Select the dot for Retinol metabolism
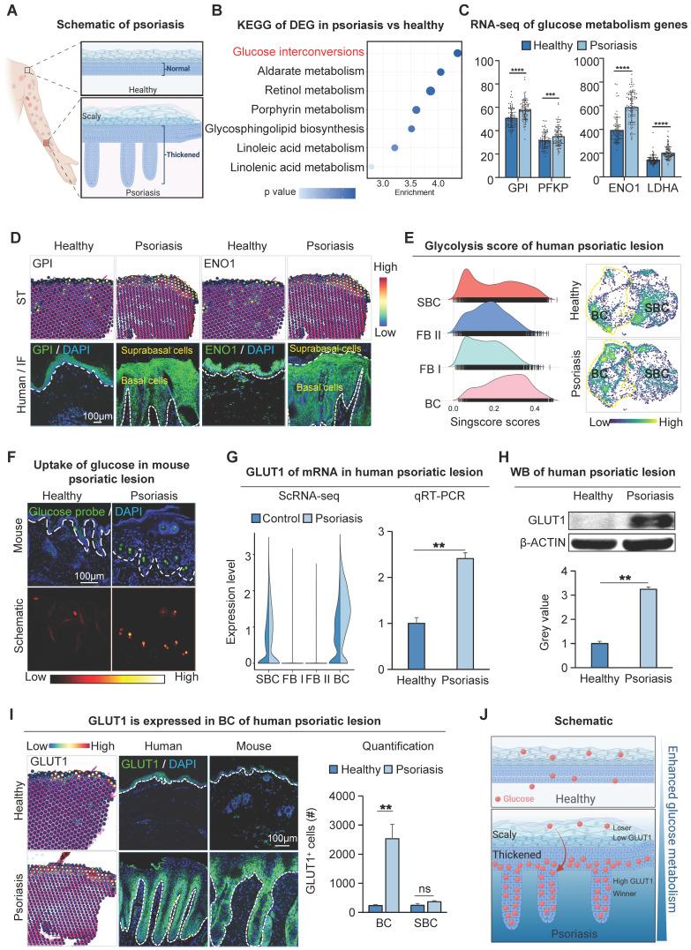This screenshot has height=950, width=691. (430, 90)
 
